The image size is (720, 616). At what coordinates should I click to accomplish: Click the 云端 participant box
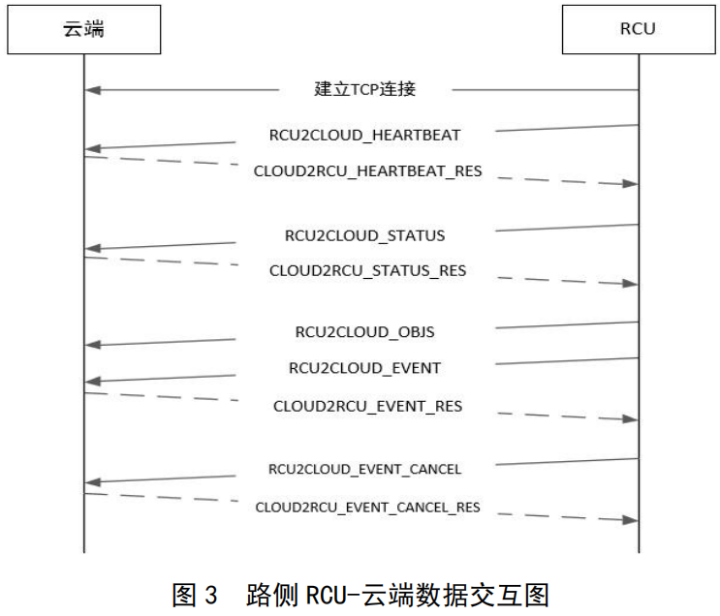click(x=83, y=29)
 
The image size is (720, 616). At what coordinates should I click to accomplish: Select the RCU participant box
click(x=638, y=29)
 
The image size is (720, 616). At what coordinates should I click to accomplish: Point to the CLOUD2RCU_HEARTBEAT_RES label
click(x=367, y=171)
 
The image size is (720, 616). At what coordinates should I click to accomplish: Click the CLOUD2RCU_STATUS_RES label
click(x=367, y=271)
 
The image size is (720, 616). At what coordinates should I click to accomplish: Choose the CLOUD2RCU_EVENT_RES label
click(x=367, y=407)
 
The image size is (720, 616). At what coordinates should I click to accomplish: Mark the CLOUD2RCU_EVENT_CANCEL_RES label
click(x=367, y=507)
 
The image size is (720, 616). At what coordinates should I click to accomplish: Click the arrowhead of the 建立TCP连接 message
click(x=91, y=90)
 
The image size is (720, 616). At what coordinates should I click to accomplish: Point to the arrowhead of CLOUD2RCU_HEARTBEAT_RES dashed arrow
click(x=630, y=184)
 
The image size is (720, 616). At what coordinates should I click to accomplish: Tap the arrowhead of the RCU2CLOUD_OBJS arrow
click(x=91, y=345)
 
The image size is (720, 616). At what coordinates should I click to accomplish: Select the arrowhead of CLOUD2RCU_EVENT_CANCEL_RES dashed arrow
click(x=630, y=520)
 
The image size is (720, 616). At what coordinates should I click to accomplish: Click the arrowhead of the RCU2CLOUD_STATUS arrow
click(x=91, y=249)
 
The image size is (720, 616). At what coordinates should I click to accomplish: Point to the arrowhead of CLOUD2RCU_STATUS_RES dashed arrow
click(x=630, y=284)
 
